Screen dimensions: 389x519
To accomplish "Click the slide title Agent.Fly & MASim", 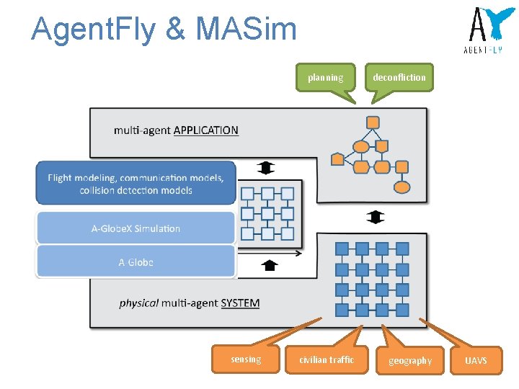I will click(x=164, y=29).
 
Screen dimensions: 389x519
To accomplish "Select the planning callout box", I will click(x=326, y=77).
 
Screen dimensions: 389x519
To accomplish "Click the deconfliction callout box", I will click(x=399, y=77).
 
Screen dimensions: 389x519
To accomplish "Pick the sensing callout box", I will click(x=246, y=359).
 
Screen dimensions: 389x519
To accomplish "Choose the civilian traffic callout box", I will click(x=327, y=359).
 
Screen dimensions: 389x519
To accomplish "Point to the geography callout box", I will click(x=410, y=360).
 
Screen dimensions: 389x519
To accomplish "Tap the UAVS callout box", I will click(x=476, y=360).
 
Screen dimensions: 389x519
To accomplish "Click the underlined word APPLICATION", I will click(x=206, y=130).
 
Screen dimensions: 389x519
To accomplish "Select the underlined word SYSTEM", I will click(x=240, y=303).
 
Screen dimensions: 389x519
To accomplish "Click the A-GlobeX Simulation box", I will click(x=136, y=228).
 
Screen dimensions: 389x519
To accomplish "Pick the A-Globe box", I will click(x=136, y=262).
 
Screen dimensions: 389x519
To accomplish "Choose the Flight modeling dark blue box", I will click(x=136, y=184).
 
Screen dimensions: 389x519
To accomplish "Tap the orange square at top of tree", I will click(x=373, y=122).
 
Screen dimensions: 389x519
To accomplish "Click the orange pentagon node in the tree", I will click(x=337, y=159).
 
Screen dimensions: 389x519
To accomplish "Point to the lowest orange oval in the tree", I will click(x=402, y=188).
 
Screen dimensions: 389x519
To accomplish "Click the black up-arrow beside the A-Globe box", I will click(x=270, y=265).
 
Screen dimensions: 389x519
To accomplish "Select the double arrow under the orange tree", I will click(x=376, y=217).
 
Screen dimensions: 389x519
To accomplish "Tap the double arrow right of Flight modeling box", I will click(x=266, y=168).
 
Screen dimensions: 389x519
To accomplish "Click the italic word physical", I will click(x=139, y=303).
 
